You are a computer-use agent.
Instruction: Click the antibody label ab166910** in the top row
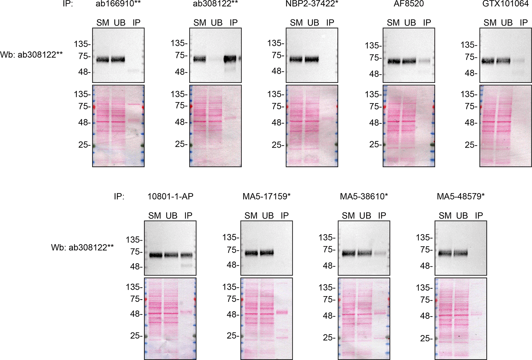[x=118, y=4]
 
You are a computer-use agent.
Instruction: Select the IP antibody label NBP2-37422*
[x=312, y=4]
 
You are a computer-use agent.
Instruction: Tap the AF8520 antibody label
[x=408, y=4]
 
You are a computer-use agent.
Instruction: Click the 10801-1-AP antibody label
[x=170, y=196]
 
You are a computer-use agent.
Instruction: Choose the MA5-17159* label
[x=266, y=196]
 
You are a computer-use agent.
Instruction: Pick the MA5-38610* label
[x=364, y=196]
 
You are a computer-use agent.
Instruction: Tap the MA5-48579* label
[x=460, y=196]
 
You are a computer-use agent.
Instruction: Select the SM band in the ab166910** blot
[x=103, y=59]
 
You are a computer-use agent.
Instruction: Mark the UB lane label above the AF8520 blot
[x=410, y=23]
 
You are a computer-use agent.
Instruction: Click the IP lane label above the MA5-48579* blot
[x=479, y=215]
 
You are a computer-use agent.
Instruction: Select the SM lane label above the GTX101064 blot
[x=490, y=23]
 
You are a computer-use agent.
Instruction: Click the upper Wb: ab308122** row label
[x=31, y=55]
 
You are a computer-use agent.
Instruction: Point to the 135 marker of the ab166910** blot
[x=82, y=44]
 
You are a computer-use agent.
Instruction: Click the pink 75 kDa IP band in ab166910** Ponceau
[x=135, y=104]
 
